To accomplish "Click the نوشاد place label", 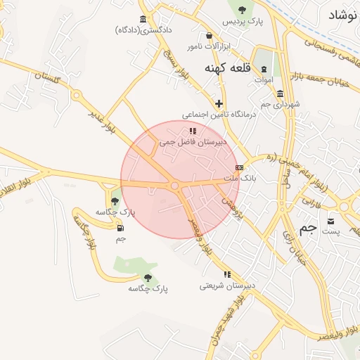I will point(342,14).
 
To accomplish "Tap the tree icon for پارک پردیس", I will point(243,10).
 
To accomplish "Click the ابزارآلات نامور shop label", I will point(208,46).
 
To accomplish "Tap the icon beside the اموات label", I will point(264,70).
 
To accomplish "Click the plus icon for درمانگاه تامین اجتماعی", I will point(219,103).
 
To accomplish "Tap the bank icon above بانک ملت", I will point(240,168).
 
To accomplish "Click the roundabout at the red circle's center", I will point(174,186).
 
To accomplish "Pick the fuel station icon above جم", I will point(120,228).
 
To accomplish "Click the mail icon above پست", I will point(330,221).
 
